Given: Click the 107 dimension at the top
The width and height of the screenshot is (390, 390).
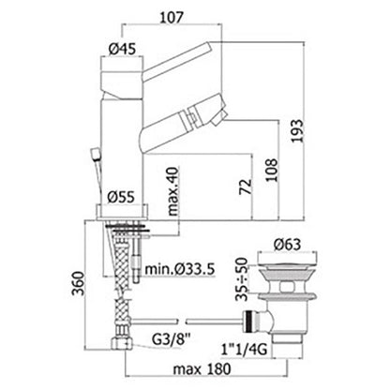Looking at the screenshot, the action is (x=172, y=18).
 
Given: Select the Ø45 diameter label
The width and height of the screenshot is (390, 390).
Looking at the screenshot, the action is (x=122, y=49).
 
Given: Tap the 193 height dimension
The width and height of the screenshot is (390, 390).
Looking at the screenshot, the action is (x=297, y=130).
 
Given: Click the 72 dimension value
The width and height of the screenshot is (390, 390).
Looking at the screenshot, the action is (x=246, y=187).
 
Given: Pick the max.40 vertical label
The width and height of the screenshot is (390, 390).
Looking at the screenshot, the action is (x=172, y=191).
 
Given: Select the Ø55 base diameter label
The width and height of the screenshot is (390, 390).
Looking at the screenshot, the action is (x=121, y=197).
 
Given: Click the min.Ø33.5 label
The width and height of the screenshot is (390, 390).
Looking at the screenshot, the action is (x=180, y=268).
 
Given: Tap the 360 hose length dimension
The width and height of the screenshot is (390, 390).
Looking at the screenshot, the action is (x=79, y=284).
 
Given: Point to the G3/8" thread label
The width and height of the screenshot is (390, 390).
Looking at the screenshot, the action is (x=171, y=338).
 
